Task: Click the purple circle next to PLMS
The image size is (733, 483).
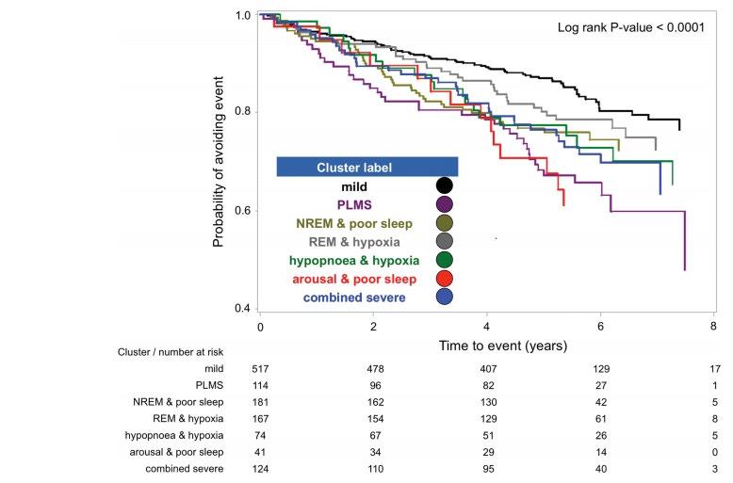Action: [x=445, y=204]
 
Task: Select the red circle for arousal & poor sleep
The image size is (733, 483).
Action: [x=445, y=278]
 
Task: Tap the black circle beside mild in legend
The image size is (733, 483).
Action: [x=445, y=186]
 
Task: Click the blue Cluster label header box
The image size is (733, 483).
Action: [x=366, y=168]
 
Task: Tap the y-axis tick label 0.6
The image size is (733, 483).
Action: [x=242, y=210]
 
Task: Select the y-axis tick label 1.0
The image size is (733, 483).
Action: [x=242, y=16]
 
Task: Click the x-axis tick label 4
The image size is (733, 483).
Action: [x=487, y=327]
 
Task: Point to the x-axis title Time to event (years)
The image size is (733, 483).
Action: [x=503, y=346]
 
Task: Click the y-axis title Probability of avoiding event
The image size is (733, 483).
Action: [x=219, y=163]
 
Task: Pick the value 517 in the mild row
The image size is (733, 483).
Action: [x=260, y=369]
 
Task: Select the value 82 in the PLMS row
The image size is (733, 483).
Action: [x=487, y=385]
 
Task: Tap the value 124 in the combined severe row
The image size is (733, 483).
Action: [x=260, y=468]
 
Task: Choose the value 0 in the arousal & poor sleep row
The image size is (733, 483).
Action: [x=715, y=451]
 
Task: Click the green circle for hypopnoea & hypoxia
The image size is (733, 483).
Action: [x=445, y=259]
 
